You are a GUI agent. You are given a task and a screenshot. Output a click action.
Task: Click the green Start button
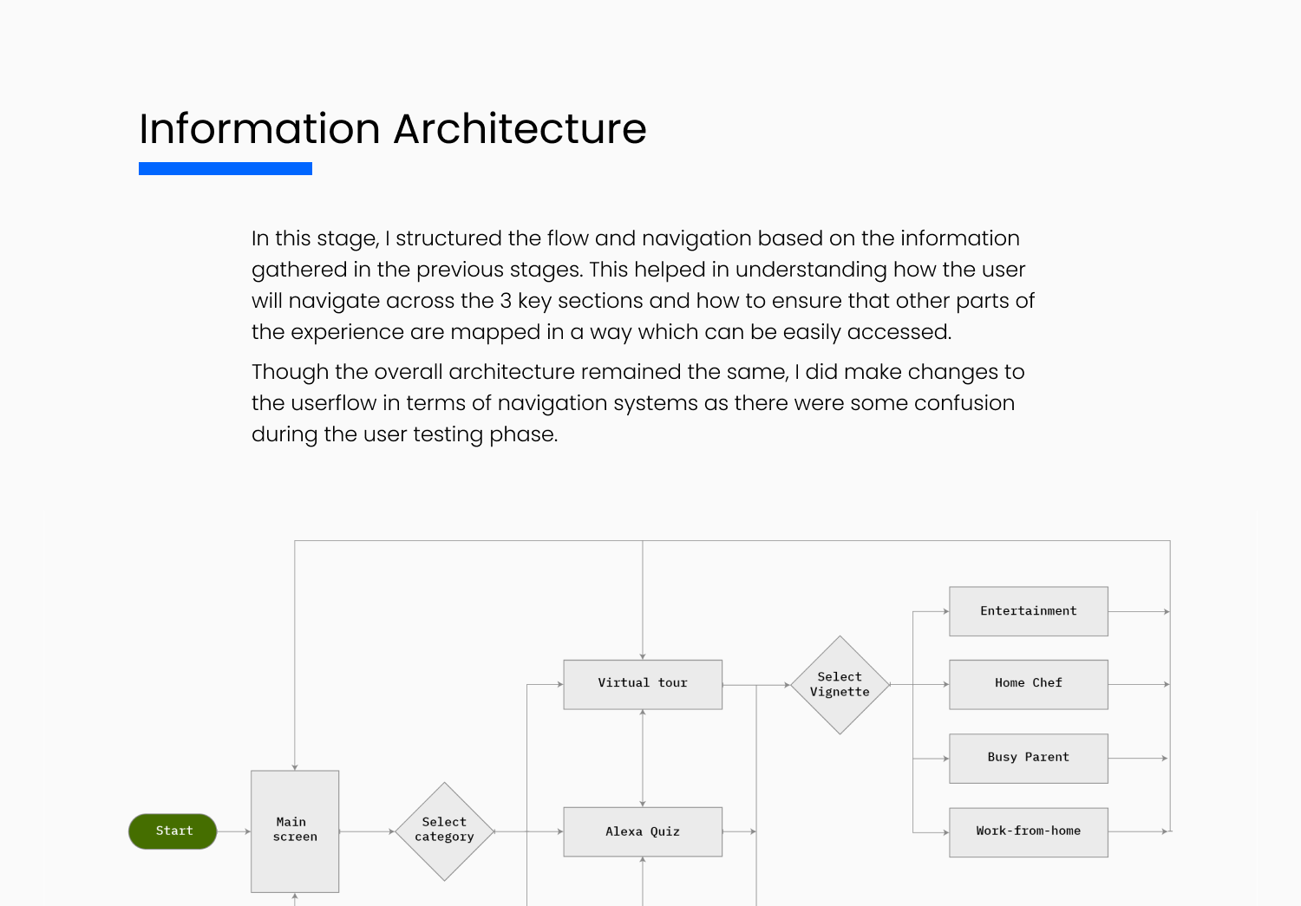(173, 831)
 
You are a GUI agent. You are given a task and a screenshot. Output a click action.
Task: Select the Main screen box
(295, 831)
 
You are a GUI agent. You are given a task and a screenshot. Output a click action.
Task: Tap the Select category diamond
(444, 831)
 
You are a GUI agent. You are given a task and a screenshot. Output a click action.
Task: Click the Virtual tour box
(643, 684)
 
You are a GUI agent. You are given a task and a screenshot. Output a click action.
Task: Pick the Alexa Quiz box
(643, 831)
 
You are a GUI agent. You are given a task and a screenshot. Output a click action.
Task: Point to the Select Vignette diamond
(840, 685)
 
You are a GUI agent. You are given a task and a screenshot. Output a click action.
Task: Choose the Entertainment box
(1029, 611)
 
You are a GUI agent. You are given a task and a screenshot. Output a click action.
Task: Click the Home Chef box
(1029, 684)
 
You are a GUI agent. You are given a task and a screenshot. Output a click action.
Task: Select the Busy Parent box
(1029, 759)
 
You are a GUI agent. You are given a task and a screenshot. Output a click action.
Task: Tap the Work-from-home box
(1029, 832)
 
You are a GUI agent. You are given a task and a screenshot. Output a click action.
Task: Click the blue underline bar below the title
(226, 168)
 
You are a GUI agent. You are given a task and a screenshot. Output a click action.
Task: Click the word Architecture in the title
(520, 129)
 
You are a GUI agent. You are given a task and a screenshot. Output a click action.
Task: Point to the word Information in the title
(259, 129)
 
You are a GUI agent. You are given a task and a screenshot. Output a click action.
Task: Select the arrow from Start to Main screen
(234, 831)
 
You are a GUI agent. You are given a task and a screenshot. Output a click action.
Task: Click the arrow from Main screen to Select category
(367, 831)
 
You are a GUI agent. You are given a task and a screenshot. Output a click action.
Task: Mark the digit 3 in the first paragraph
(506, 301)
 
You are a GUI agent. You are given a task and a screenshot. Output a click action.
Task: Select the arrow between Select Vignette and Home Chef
(919, 685)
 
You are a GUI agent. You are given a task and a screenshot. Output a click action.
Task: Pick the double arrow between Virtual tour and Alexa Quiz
(643, 758)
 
